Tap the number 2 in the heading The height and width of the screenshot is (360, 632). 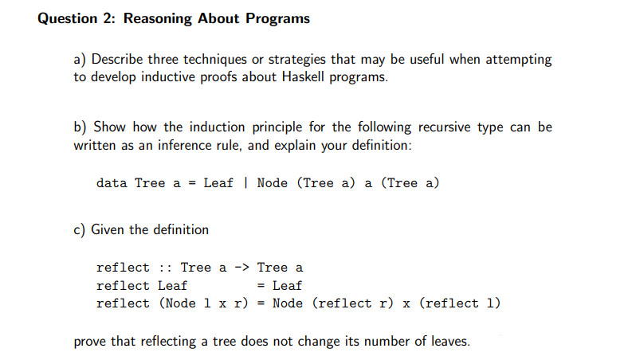point(112,18)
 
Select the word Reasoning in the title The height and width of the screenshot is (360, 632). point(161,18)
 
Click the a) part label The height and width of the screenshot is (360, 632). point(80,60)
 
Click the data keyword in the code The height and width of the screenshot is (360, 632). point(112,183)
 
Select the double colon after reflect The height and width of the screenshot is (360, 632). point(165,268)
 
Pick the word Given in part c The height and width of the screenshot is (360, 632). point(108,230)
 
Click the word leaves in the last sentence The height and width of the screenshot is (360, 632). point(449,342)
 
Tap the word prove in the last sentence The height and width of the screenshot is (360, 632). point(90,342)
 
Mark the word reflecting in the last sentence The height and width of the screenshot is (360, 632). point(169,342)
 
